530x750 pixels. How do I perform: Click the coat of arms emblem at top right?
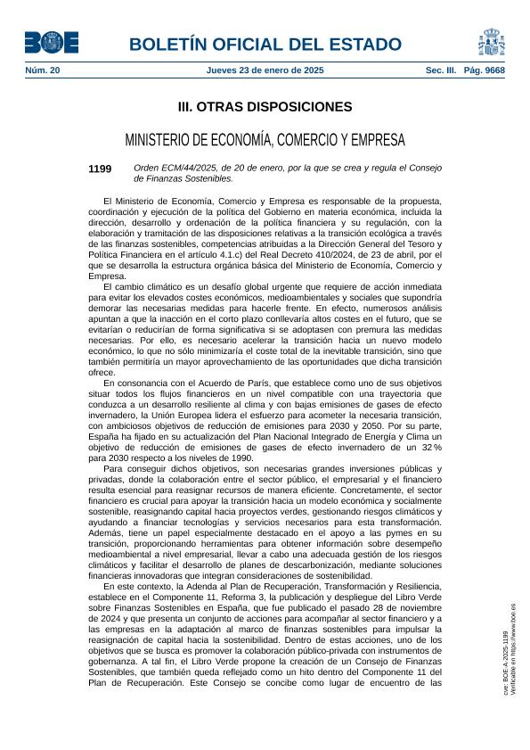coord(492,42)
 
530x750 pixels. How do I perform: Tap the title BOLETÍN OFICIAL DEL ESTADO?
coord(265,45)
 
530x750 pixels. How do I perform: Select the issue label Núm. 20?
coord(42,70)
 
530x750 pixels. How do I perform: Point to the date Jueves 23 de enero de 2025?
coord(265,70)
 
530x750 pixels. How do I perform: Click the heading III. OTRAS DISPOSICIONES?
coord(265,107)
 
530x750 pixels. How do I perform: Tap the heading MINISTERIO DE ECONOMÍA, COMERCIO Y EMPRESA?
coord(265,140)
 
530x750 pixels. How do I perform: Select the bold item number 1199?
coord(100,168)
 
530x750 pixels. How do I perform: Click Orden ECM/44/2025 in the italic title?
coord(169,168)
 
